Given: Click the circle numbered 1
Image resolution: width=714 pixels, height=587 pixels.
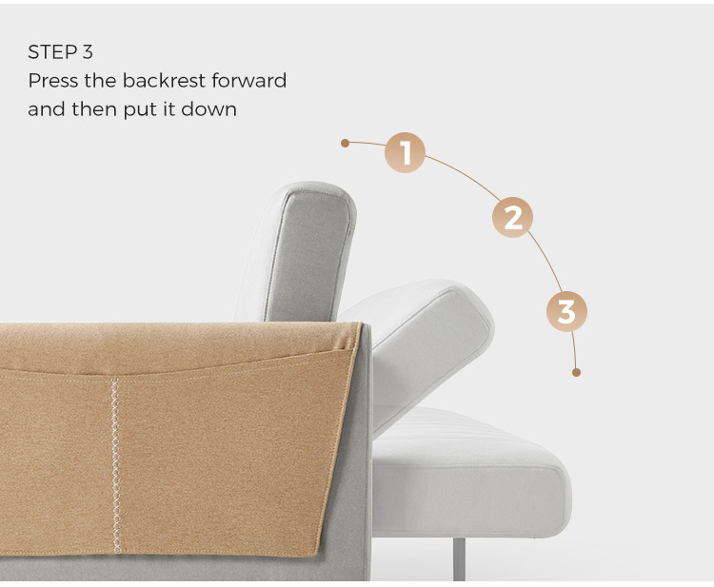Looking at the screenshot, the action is click(405, 152).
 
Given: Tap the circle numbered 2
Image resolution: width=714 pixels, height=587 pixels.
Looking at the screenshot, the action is click(512, 218).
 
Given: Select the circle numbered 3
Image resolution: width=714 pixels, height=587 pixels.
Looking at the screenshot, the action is click(566, 311).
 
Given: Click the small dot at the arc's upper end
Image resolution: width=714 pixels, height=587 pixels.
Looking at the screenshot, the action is click(345, 144).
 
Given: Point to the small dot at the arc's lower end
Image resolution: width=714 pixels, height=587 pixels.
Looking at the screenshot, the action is click(576, 372).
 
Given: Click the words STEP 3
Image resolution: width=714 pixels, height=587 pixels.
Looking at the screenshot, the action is click(60, 52).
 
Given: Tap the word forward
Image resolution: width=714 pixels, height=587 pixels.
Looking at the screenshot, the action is click(249, 81).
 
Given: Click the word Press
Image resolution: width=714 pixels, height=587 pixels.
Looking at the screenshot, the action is click(52, 81).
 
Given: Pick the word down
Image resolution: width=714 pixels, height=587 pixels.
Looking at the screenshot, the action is click(209, 109).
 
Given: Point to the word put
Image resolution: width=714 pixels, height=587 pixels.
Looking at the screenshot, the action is click(138, 110).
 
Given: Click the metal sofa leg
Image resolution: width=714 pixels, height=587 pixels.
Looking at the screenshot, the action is click(459, 559).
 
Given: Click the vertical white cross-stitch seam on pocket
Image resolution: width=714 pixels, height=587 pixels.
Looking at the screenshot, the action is click(115, 465).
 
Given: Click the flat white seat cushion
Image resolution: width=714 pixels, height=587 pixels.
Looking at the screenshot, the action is click(471, 473).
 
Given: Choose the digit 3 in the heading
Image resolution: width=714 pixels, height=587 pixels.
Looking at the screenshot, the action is click(88, 52).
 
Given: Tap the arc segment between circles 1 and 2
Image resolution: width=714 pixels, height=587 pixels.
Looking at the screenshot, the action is click(466, 173).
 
